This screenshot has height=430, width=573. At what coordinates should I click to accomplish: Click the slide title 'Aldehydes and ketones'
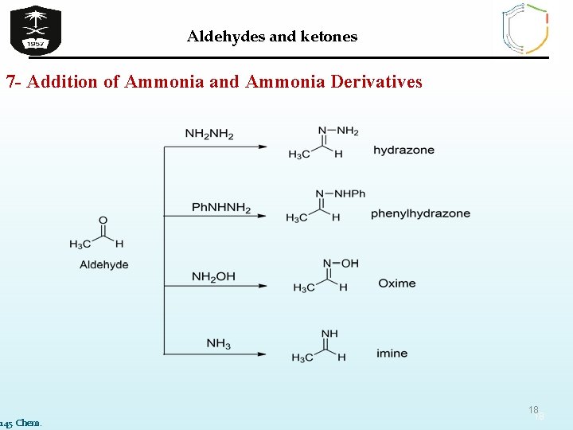click(272, 37)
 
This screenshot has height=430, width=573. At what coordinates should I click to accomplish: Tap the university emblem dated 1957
click(35, 29)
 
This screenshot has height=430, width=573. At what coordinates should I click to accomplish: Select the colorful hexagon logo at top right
click(524, 29)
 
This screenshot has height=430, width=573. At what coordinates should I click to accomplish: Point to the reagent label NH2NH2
click(209, 134)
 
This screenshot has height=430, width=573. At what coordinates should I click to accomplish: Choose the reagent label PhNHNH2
click(221, 209)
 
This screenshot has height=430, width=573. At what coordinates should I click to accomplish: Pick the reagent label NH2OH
click(213, 277)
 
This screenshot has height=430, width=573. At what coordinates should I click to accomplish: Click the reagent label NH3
click(218, 344)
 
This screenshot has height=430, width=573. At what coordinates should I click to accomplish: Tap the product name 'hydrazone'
click(403, 150)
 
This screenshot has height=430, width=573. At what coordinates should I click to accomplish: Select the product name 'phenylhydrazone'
click(420, 213)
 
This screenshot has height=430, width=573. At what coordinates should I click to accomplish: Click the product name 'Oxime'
click(396, 283)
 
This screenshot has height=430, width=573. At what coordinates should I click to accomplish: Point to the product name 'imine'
click(392, 353)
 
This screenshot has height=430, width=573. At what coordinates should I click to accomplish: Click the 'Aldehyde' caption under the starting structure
click(103, 265)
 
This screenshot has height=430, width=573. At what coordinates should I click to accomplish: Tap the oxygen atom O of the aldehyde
click(103, 220)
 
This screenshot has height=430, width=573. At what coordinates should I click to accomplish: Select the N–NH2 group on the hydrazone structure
click(338, 131)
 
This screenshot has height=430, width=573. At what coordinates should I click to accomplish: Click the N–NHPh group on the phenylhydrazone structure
click(340, 193)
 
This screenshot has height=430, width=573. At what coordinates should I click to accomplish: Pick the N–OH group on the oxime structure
click(341, 263)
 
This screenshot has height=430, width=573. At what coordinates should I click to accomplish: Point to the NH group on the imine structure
click(329, 334)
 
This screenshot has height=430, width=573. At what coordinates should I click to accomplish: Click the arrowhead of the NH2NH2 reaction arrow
click(262, 147)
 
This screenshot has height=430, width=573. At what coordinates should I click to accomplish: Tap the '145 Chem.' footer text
click(21, 422)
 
